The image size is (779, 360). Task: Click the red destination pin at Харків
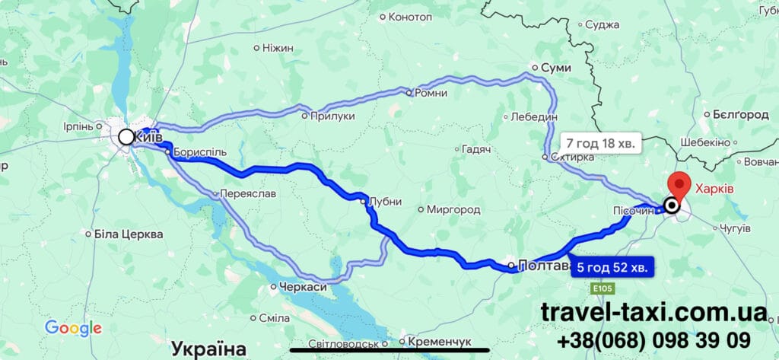(678, 185)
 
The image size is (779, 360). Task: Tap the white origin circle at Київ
(126, 137)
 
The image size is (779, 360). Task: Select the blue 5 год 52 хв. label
(611, 267)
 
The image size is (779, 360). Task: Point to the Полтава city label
(544, 266)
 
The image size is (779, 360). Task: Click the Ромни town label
(431, 93)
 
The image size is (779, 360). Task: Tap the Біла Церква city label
(128, 234)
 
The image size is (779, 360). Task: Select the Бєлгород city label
(740, 114)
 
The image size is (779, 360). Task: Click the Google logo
(73, 328)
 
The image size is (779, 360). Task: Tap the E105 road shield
(602, 289)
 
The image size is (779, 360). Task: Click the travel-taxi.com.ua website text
(653, 311)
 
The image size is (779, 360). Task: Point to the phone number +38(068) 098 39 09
(653, 339)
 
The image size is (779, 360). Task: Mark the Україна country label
(208, 349)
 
